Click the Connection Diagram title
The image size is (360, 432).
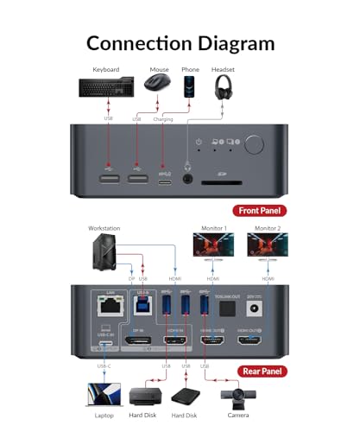(180, 42)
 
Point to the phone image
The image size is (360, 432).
(191, 86)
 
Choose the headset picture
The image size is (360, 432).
(224, 87)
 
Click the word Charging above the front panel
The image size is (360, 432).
(163, 119)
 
